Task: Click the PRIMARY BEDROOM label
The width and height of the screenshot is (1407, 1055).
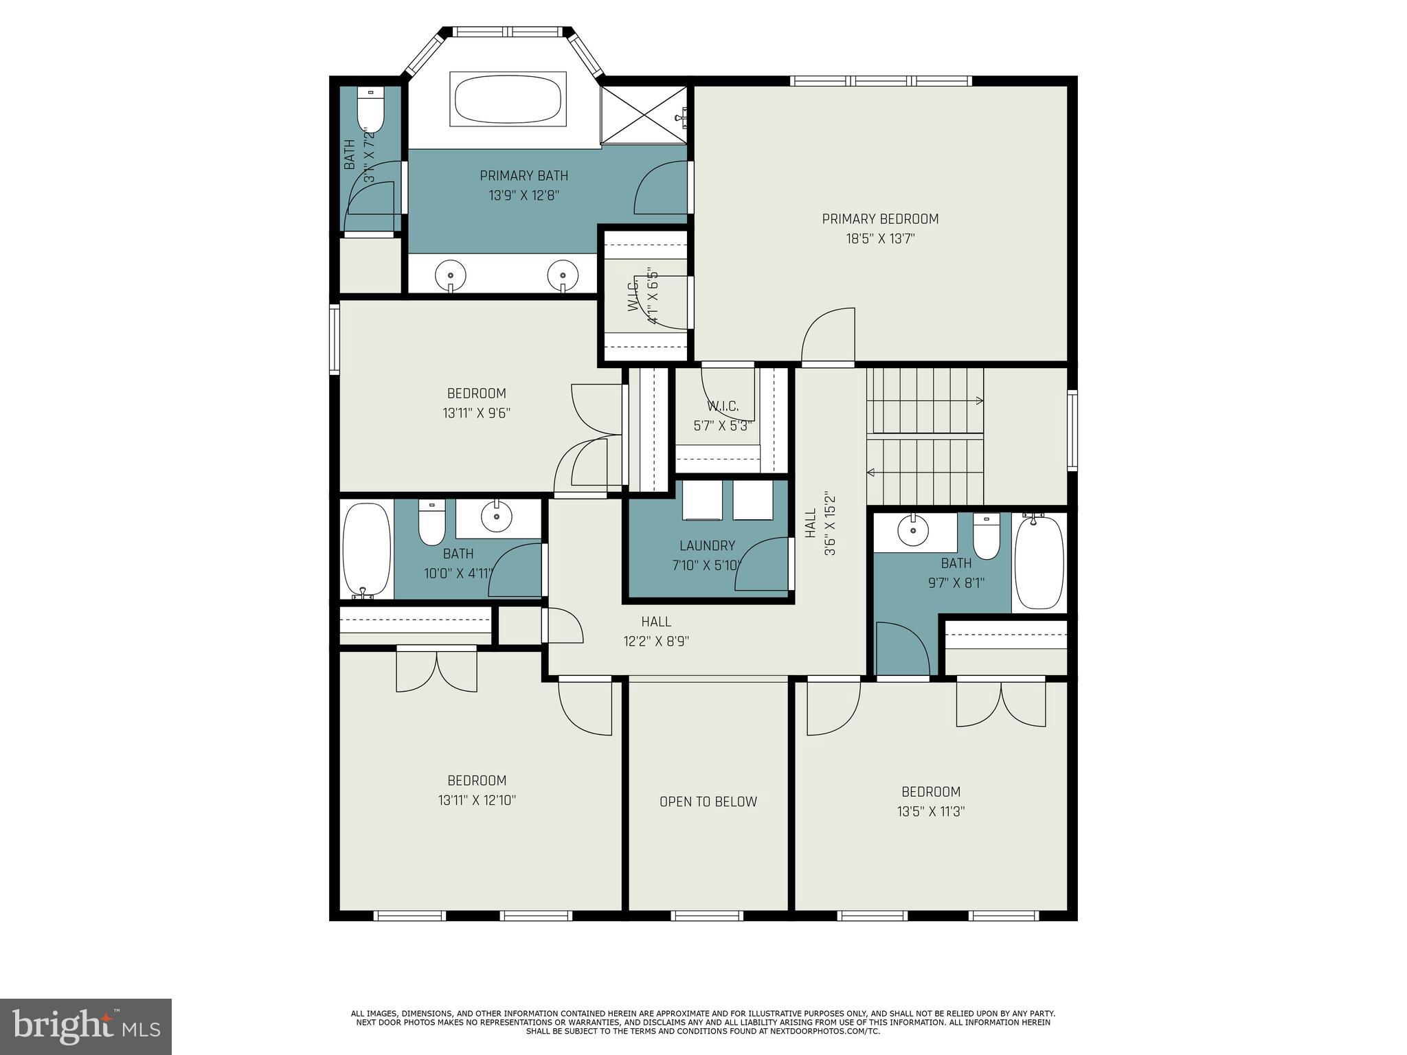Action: (x=880, y=219)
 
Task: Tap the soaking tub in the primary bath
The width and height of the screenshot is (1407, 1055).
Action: (x=508, y=99)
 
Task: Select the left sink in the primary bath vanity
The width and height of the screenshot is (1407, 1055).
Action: (x=451, y=275)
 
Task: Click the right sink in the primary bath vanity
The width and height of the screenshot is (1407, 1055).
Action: (x=563, y=275)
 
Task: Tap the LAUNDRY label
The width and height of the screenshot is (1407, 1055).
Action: (x=707, y=545)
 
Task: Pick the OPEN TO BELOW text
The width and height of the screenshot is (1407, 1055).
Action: (x=708, y=802)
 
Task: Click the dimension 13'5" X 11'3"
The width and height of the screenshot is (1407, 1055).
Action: (x=931, y=811)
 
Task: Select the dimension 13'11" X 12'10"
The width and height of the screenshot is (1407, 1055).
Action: (x=477, y=800)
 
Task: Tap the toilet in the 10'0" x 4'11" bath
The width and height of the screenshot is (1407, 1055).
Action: (x=432, y=524)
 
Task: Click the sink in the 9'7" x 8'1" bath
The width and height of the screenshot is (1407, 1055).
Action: (x=913, y=530)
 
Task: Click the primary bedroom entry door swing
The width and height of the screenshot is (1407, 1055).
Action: (x=829, y=336)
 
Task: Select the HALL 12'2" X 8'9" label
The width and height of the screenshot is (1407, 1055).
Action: (x=656, y=631)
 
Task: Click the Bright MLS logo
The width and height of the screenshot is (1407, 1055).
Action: (x=86, y=1026)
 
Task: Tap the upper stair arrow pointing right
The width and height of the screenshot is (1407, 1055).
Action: (x=976, y=400)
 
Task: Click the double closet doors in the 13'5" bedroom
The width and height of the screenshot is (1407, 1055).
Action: (x=1001, y=704)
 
